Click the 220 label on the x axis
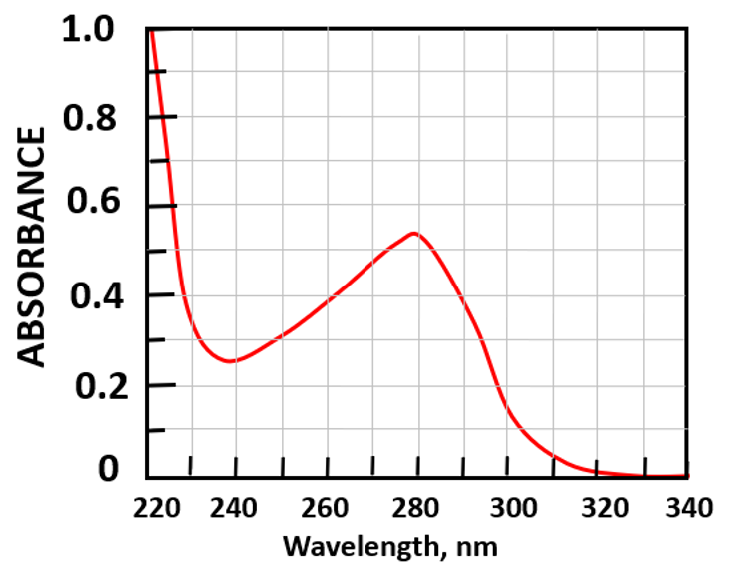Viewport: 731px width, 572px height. [150, 508]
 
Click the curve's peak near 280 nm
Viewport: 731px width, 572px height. [413, 233]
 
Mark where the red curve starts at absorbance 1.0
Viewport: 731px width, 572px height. [150, 31]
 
